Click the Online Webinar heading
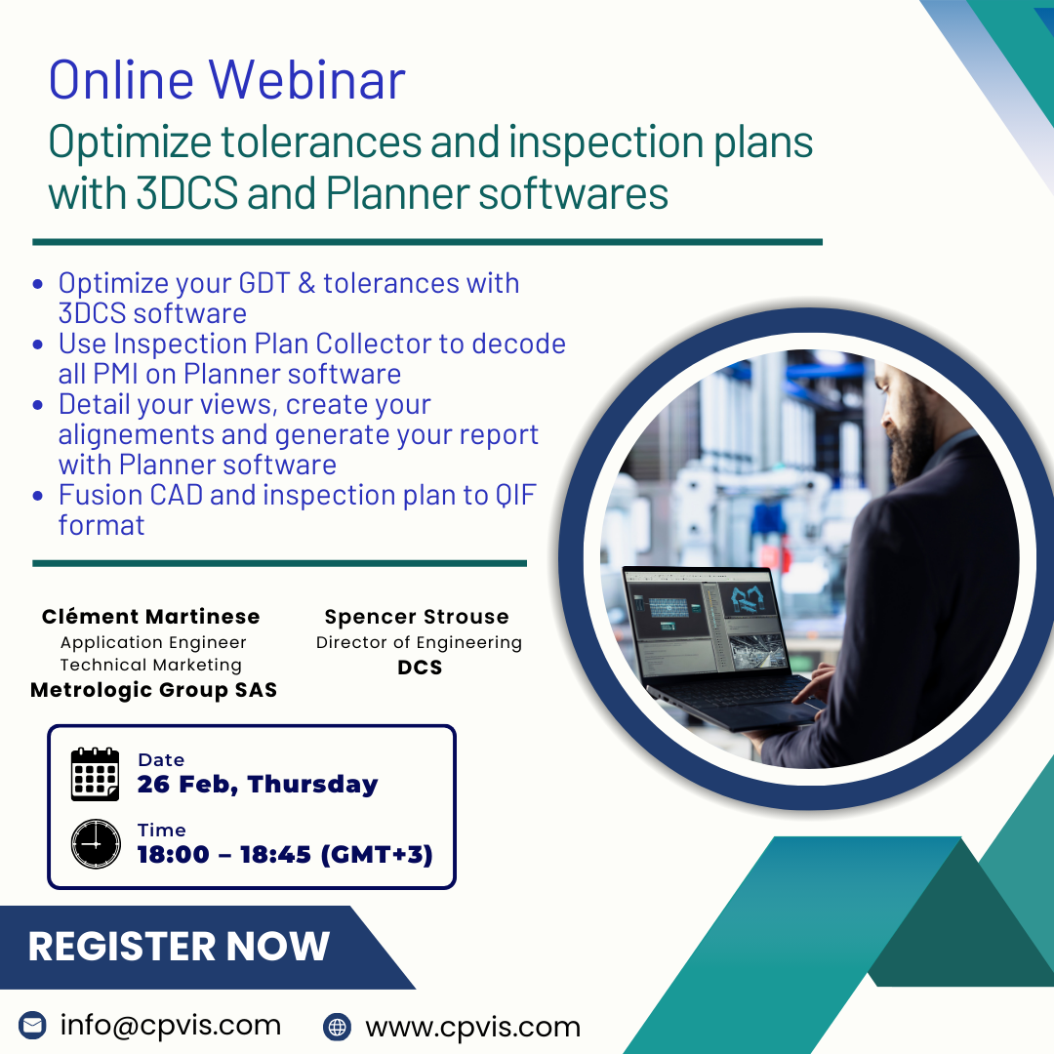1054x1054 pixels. [226, 80]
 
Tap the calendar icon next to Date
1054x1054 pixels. [95, 774]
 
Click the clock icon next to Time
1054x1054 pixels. [96, 843]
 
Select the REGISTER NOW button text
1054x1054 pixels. [179, 946]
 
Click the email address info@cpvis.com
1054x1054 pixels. [170, 1025]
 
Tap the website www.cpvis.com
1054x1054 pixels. [472, 1027]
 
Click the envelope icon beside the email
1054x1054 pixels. [32, 1026]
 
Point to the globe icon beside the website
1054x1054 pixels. [337, 1027]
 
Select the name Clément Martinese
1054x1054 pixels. [150, 617]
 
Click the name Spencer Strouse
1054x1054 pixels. [417, 617]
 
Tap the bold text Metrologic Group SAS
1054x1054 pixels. [153, 690]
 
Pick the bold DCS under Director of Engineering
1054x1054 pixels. [420, 668]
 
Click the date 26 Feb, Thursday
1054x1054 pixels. [258, 785]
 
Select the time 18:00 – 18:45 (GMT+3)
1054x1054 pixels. [285, 854]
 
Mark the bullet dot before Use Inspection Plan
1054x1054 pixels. [38, 345]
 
